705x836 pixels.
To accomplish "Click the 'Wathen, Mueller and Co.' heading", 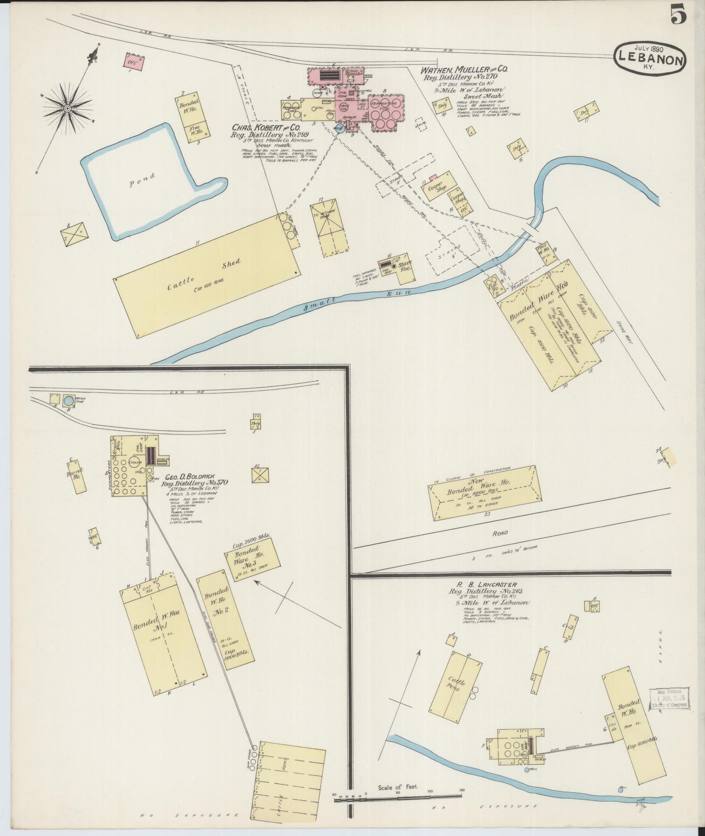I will point(464,70).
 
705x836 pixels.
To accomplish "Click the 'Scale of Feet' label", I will point(395,788).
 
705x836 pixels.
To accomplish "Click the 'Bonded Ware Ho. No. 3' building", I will point(252,559).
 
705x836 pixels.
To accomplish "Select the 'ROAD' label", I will point(500,533).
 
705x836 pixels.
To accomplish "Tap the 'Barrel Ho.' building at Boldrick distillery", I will point(77,476).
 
